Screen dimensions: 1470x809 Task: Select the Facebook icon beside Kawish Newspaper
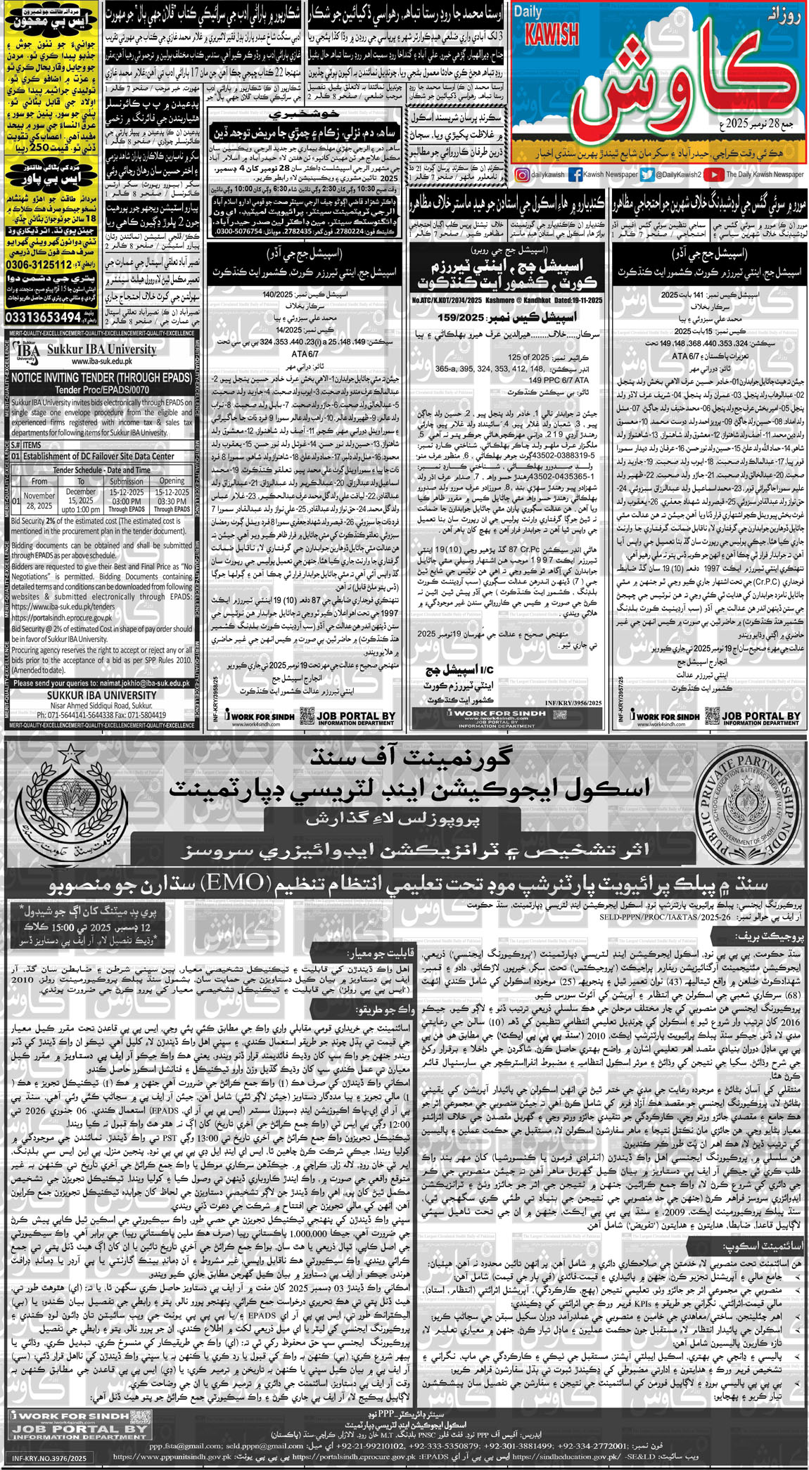pos(575,175)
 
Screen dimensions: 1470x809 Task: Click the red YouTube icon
pos(714,175)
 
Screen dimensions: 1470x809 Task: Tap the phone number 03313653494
pos(42,317)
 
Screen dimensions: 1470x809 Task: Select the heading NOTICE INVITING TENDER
pos(101,378)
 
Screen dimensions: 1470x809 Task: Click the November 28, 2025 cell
pos(39,501)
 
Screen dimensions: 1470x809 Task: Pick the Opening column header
pos(172,481)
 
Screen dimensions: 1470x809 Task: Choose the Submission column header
pos(127,481)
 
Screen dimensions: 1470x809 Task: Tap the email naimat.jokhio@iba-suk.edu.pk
pos(138,683)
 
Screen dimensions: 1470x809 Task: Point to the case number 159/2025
pos(469,317)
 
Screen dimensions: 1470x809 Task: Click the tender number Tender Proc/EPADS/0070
pos(101,389)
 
